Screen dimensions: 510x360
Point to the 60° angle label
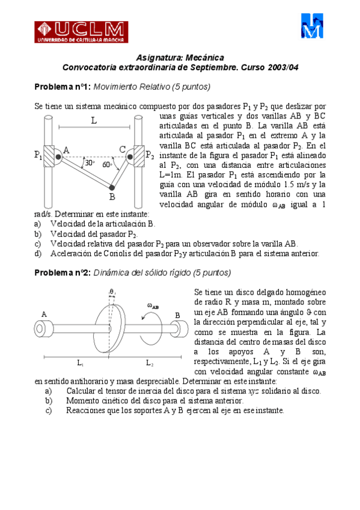[x=106, y=164]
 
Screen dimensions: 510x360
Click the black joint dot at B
[x=112, y=188]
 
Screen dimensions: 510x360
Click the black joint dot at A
[x=58, y=156]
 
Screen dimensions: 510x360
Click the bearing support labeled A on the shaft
[x=46, y=328]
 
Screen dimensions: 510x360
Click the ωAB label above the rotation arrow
[x=153, y=306]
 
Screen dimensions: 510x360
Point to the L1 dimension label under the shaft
[x=80, y=363]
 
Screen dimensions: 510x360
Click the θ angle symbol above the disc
[x=111, y=292]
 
